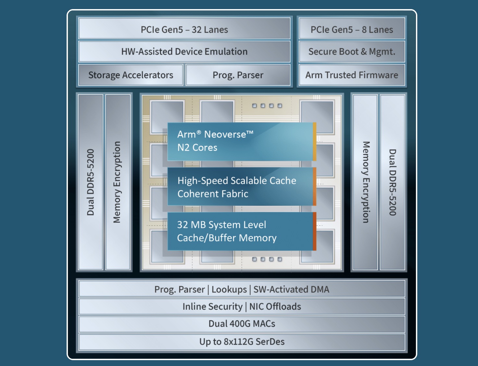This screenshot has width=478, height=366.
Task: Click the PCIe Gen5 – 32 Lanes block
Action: click(184, 29)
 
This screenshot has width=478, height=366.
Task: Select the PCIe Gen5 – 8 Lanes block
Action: click(352, 29)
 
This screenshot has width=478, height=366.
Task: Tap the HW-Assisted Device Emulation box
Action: click(184, 52)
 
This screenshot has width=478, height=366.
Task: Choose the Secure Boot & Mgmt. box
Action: click(352, 52)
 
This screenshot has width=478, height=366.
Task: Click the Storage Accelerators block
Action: click(131, 75)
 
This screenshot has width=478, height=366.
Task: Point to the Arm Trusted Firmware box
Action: click(352, 75)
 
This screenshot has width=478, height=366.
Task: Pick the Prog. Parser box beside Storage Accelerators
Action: click(238, 75)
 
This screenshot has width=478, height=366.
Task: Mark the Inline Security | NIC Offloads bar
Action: click(242, 307)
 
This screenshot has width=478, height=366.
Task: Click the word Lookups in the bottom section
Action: click(229, 290)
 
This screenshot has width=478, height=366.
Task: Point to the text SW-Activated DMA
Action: click(291, 290)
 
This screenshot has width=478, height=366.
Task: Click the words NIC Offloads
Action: click(275, 307)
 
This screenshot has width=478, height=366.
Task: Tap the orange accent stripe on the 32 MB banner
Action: click(314, 231)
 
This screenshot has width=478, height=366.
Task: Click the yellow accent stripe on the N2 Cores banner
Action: click(314, 141)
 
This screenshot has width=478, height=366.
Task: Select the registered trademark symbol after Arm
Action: click(199, 132)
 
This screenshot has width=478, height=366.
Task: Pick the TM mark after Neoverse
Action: click(250, 132)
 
